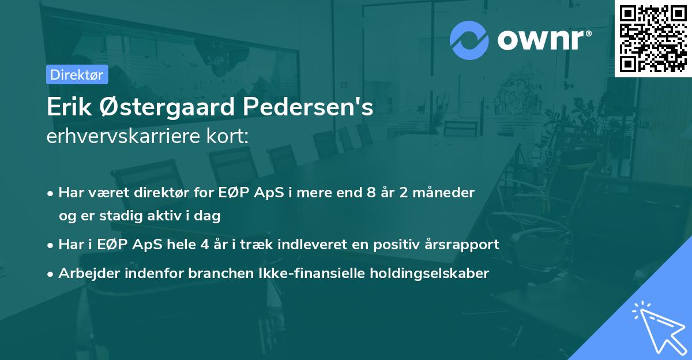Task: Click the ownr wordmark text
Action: tap(544, 40)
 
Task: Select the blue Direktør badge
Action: tap(77, 74)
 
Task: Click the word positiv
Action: tap(393, 244)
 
